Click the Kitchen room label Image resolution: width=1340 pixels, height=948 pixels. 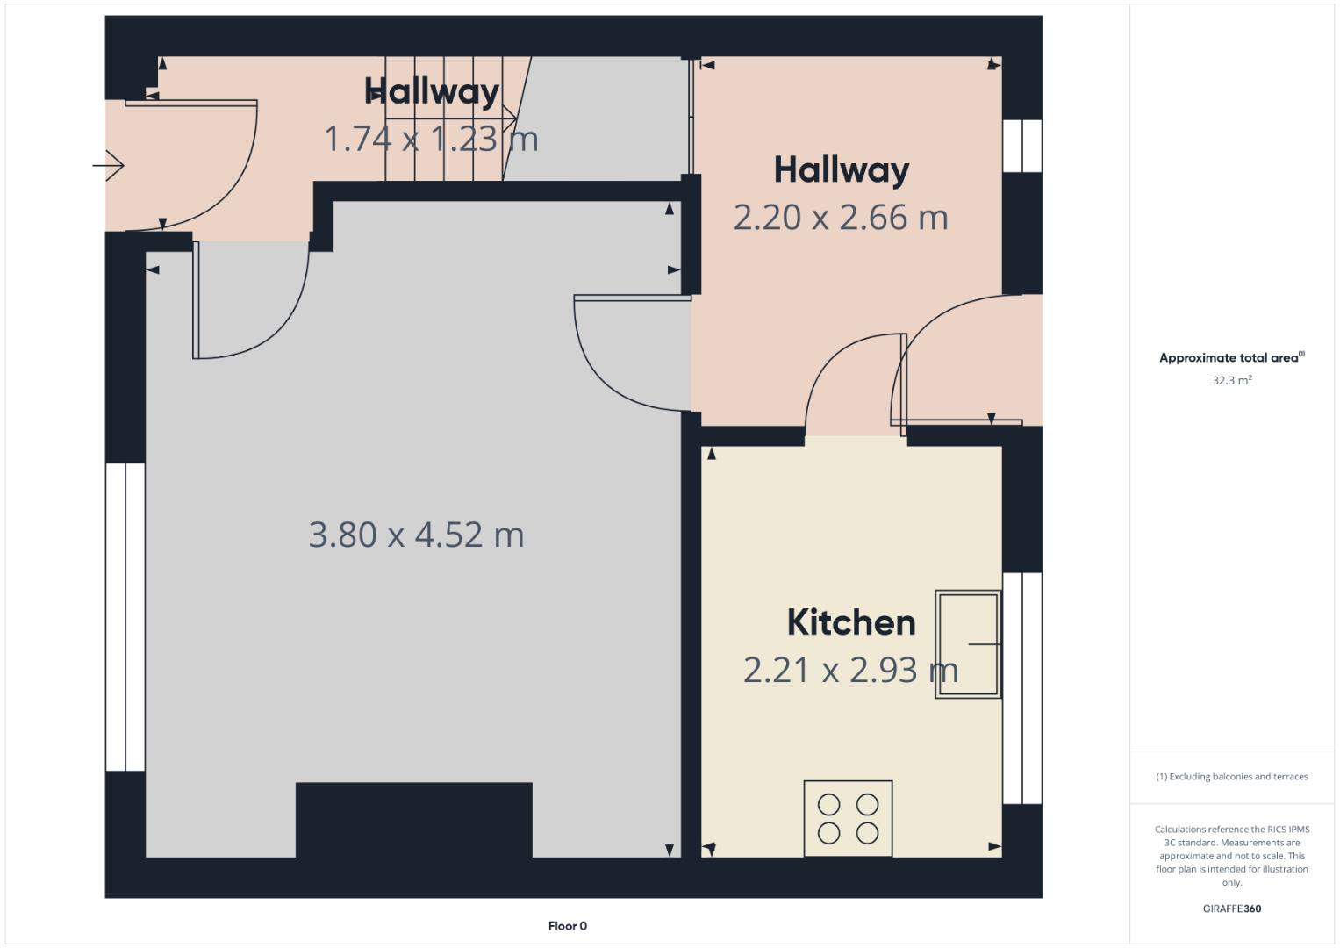pos(850,622)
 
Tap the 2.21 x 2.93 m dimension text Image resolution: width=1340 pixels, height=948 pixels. pos(850,670)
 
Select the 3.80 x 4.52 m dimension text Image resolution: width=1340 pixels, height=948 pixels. pos(416,535)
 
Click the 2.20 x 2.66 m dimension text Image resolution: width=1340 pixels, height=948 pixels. pos(841,218)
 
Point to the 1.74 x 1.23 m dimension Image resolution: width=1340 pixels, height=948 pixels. pos(431,139)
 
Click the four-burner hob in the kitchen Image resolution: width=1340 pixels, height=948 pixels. pos(848,818)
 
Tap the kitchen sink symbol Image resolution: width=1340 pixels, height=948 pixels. pos(967,643)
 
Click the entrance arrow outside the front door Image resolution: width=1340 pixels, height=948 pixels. pos(109,165)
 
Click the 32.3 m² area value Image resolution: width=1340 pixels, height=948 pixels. pos(1231,380)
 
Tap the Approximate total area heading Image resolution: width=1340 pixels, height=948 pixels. pos(1231,357)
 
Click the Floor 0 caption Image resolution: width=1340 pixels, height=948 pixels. pos(567,925)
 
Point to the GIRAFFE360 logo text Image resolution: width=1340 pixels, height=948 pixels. pos(1231,908)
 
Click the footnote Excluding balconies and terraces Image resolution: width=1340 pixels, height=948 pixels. pos(1231,776)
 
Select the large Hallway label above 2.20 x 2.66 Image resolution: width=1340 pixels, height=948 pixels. pos(841,170)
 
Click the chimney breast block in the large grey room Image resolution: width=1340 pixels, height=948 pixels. pos(413,819)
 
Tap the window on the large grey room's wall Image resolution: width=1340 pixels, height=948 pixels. pos(125,617)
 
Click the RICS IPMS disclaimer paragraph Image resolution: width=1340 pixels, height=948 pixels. pos(1231,855)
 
